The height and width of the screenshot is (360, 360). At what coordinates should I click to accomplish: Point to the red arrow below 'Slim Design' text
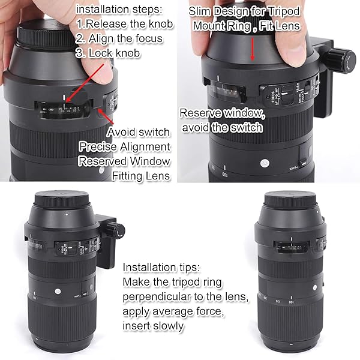pos(253,46)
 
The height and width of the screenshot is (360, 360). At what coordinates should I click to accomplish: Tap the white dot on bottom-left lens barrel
pos(58,290)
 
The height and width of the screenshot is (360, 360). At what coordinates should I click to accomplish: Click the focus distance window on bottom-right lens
pos(281,245)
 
